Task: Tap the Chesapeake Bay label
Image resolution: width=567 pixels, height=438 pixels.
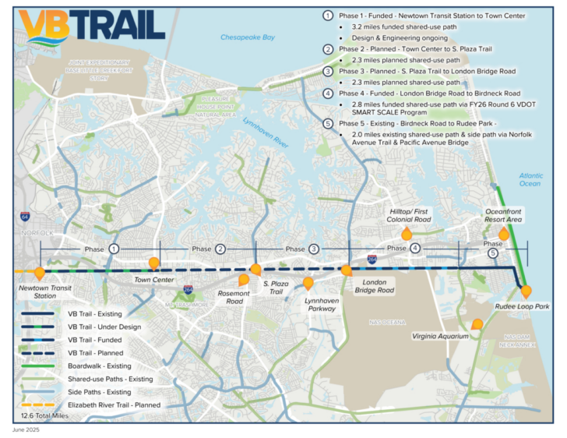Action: coord(248,37)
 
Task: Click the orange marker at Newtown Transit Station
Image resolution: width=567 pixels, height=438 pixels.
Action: coord(40,274)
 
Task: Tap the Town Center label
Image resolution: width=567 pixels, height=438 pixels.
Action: coord(153,280)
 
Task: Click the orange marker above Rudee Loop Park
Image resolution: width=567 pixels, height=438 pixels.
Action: coord(526,291)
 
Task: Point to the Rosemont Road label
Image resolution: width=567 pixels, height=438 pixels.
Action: coord(234,297)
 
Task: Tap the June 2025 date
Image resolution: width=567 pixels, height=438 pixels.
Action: coord(25,430)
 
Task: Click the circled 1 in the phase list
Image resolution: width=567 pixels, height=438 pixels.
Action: coord(329,16)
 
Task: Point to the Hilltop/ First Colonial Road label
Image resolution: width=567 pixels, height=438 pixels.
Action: coord(410,215)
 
